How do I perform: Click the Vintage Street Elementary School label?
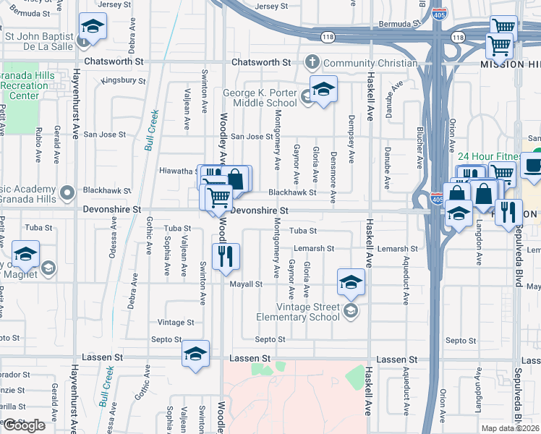[299, 312]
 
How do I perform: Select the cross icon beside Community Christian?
[312, 63]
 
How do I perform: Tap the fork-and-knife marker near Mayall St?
[226, 256]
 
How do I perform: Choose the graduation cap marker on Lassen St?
[195, 354]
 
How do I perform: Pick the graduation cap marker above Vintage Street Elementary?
[351, 281]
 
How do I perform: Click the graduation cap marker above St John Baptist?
[93, 27]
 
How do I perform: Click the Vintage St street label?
[176, 322]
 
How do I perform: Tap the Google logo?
[24, 425]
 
